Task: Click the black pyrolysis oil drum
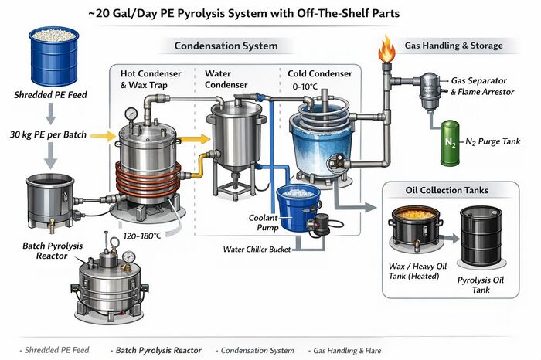tap(483, 239)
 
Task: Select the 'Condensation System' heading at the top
tap(226, 46)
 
